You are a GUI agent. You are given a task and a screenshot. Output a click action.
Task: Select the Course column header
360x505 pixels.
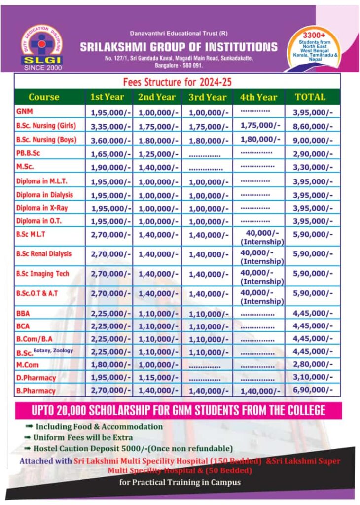pyautogui.click(x=44, y=97)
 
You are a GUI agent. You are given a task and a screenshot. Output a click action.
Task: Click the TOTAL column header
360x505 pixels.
pyautogui.click(x=310, y=97)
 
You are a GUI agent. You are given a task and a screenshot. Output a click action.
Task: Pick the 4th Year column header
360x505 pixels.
pyautogui.click(x=258, y=97)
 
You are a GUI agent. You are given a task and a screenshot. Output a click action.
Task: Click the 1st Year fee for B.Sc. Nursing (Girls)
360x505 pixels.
pyautogui.click(x=110, y=127)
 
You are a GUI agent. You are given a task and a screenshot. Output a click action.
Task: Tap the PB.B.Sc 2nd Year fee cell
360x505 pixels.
pyautogui.click(x=159, y=154)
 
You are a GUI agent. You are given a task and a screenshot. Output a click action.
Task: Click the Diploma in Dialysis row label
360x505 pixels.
pyautogui.click(x=44, y=195)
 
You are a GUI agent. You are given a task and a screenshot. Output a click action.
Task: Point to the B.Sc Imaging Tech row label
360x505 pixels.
pyautogui.click(x=42, y=273)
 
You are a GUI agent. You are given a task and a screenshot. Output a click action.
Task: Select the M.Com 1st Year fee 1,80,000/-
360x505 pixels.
pyautogui.click(x=110, y=365)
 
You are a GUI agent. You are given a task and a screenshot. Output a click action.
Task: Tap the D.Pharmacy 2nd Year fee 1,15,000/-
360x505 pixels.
pyautogui.click(x=159, y=378)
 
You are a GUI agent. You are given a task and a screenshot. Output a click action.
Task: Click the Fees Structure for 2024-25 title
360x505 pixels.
pyautogui.click(x=177, y=81)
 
